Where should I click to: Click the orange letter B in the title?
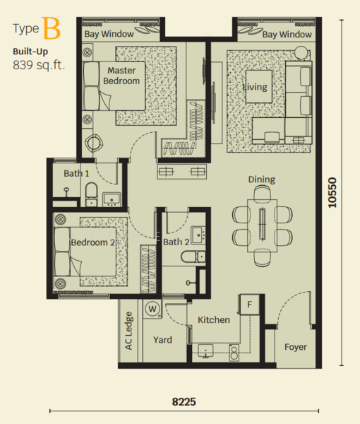point(51,28)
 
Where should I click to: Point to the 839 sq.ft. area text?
point(39,65)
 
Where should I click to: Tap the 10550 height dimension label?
point(332,192)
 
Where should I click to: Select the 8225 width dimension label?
point(184,402)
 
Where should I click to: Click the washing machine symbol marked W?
point(152,309)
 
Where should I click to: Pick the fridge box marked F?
point(250,305)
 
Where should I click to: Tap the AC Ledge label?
point(128,331)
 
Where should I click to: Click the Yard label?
point(162,340)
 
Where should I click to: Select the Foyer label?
point(296,347)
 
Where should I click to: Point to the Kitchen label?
point(214,320)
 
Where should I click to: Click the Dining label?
point(262,179)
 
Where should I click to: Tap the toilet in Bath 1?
point(91,194)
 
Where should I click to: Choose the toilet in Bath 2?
point(193,257)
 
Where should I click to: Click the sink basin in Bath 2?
point(198,235)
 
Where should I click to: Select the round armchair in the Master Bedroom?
point(94,143)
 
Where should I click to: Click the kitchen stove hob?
point(234,353)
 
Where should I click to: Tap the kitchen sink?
point(205,351)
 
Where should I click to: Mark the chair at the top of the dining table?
point(263,193)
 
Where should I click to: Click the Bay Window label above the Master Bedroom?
point(109,35)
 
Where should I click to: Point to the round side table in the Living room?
point(301,53)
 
